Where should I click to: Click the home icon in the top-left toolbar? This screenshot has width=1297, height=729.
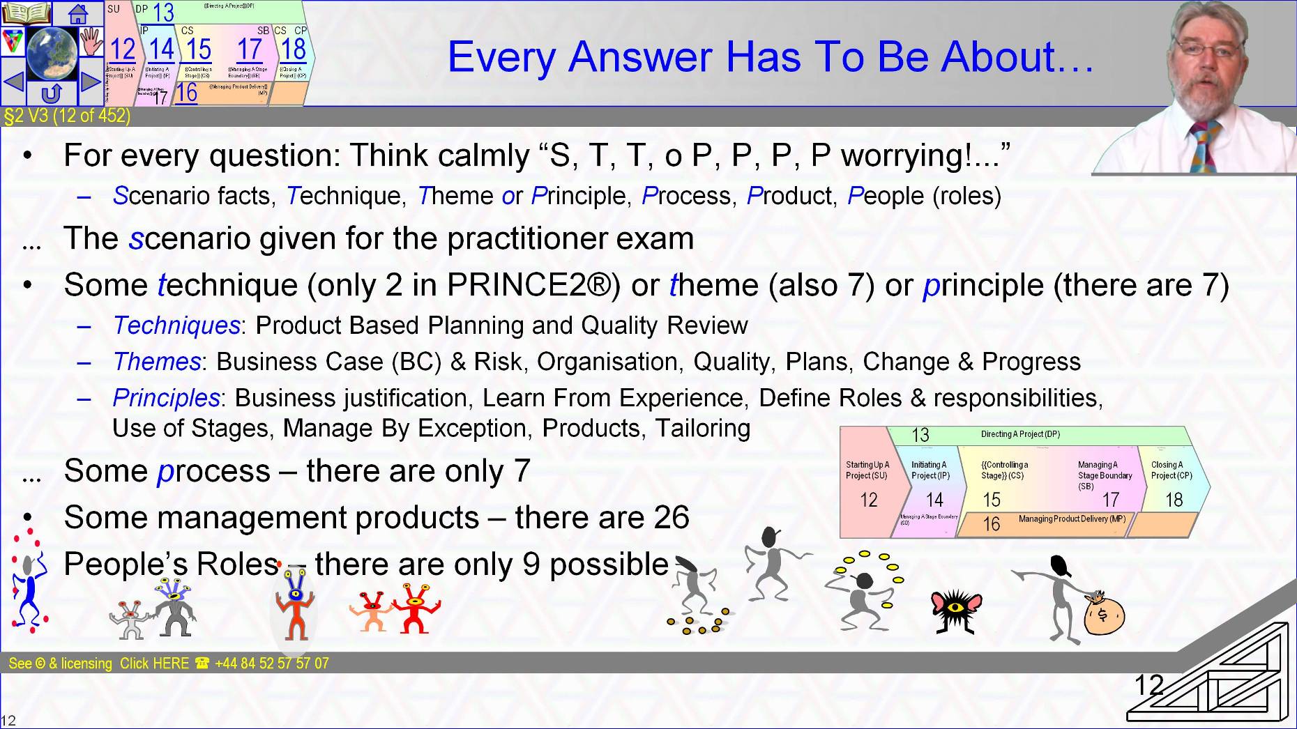(78, 13)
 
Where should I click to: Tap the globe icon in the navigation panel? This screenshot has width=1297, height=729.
(52, 53)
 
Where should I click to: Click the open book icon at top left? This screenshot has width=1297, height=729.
(26, 13)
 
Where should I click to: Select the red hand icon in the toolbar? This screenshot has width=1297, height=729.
(91, 41)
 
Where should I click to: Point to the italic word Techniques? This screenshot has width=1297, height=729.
(176, 325)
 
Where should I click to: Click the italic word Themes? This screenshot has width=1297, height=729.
(157, 362)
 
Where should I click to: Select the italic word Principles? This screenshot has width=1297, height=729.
(166, 398)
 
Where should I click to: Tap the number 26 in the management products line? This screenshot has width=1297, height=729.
(671, 517)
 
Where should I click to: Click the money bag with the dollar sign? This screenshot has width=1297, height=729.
(1103, 613)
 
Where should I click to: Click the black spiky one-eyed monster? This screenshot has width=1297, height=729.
(956, 610)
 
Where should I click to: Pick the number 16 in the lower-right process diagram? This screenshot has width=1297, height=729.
(991, 524)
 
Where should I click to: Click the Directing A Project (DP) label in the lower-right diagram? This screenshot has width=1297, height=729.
(1019, 434)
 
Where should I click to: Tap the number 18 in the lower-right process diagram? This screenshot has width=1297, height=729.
(1174, 500)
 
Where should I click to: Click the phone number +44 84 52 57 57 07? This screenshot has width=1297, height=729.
(272, 663)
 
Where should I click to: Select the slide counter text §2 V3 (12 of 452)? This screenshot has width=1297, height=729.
(67, 116)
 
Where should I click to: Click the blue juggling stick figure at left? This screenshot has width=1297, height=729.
(28, 585)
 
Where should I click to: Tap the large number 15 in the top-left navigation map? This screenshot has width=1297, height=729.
(199, 50)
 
